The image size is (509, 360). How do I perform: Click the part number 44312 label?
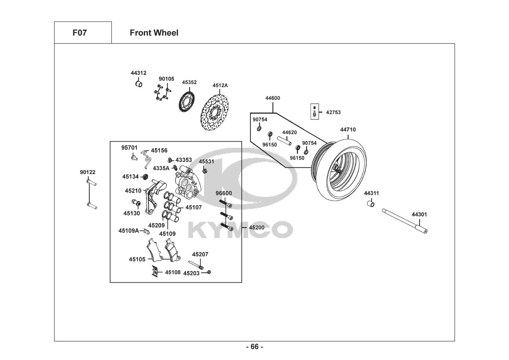coord(138,73)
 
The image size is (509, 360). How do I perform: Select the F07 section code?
coord(79,33)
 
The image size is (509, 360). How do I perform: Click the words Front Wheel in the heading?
coord(154,33)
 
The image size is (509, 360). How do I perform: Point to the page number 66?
coord(254,347)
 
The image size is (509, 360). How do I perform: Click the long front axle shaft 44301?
coord(405,221)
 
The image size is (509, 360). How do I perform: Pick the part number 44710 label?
coord(348,130)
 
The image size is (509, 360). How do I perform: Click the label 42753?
coord(333,112)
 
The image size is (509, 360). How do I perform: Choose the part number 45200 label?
coord(256,228)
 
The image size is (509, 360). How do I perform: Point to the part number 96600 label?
coord(224,193)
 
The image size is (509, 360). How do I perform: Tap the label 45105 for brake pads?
coord(137,259)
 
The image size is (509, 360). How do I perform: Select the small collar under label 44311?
coord(371,204)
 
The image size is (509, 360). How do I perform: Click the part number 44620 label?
coord(289,132)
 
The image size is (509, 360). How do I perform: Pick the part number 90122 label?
coord(87,172)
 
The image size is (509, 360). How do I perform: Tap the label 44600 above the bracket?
coord(273,98)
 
